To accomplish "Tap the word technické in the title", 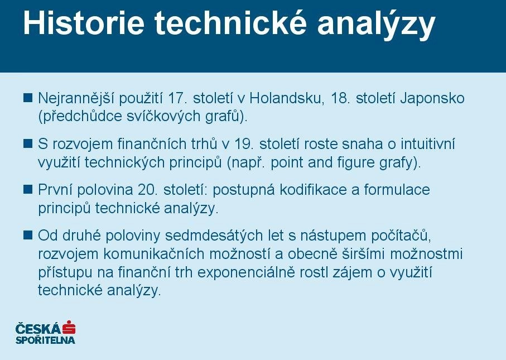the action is [230, 23].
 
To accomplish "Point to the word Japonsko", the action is [432, 99].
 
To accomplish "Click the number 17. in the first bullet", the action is [178, 98].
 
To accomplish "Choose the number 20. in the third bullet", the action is [148, 190].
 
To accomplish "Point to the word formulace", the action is [397, 190].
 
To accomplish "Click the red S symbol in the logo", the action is [69, 328].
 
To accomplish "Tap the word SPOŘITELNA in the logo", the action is [45, 340].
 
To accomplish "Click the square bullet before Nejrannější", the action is [28, 98].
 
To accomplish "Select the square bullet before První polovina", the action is [28, 189].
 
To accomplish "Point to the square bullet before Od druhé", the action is [28, 235].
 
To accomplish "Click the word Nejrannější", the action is [76, 99].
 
